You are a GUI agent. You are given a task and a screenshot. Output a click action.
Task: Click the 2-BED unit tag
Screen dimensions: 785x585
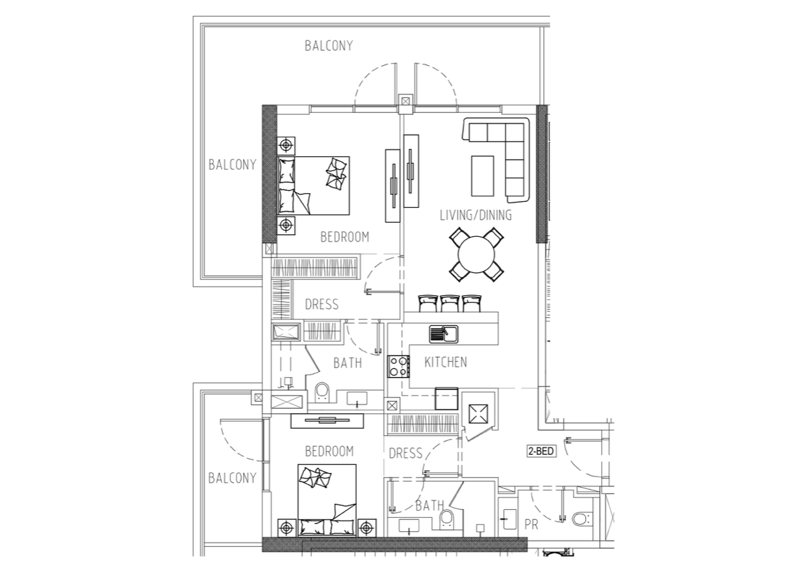click(x=541, y=451)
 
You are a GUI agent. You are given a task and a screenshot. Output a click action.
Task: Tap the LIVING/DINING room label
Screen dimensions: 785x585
click(x=476, y=215)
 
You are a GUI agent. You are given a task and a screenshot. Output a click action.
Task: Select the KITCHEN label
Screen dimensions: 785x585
click(x=446, y=362)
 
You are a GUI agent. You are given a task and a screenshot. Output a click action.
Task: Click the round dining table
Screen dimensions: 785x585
click(x=476, y=254)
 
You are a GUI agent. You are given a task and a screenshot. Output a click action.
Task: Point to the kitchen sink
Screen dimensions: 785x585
click(x=443, y=334)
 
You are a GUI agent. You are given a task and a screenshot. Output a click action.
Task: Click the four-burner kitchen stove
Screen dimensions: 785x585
click(x=399, y=366)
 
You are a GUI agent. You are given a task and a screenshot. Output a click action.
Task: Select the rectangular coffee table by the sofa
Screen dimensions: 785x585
click(x=482, y=176)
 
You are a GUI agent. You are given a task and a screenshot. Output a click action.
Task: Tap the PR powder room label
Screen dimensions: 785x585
click(x=531, y=525)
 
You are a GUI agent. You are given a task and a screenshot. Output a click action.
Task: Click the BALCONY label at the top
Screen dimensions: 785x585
click(x=329, y=46)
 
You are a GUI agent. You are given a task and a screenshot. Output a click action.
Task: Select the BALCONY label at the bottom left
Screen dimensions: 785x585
click(x=232, y=478)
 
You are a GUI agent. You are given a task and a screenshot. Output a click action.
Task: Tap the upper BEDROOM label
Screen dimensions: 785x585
click(x=345, y=237)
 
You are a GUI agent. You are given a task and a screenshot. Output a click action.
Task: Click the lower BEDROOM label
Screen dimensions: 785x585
click(x=329, y=451)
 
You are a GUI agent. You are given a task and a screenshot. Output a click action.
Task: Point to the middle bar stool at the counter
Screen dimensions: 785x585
click(x=450, y=303)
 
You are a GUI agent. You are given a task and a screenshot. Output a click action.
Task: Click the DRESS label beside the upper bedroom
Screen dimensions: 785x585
click(x=322, y=305)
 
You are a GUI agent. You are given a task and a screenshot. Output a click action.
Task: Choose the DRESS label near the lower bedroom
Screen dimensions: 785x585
click(x=405, y=454)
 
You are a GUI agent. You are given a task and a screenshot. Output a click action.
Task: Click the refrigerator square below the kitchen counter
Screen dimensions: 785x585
click(x=446, y=399)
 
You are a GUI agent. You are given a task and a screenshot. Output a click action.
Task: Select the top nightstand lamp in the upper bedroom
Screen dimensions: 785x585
click(x=286, y=146)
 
